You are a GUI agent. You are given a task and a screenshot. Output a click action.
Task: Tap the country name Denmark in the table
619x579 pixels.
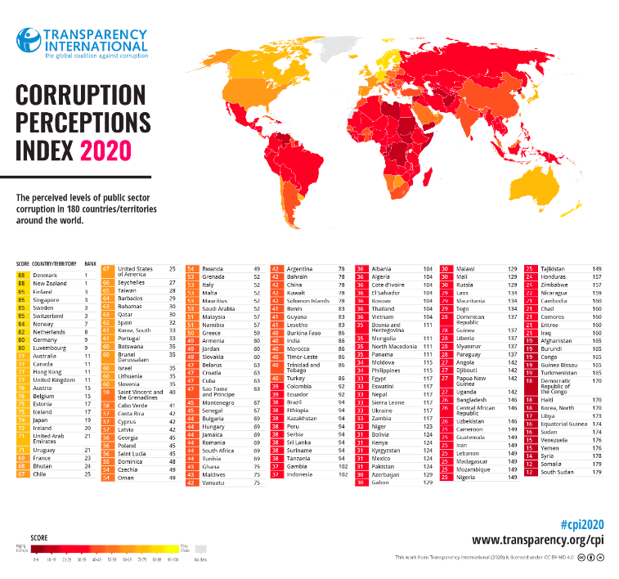click(47, 276)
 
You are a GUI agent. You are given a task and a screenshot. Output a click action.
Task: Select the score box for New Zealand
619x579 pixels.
click(21, 283)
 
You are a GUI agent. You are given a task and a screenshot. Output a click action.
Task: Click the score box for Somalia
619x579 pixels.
click(530, 465)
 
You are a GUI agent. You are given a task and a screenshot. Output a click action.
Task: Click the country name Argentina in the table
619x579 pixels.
click(301, 268)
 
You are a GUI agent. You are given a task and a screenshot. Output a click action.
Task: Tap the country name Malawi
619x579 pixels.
click(467, 268)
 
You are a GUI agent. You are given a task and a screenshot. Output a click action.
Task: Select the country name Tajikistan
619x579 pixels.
click(554, 268)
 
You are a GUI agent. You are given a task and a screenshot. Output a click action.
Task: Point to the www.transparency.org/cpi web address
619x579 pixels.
click(537, 541)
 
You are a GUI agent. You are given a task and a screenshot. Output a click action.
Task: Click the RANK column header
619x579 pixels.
click(90, 263)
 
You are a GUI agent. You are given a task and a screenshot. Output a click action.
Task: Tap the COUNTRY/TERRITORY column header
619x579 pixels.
click(56, 263)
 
